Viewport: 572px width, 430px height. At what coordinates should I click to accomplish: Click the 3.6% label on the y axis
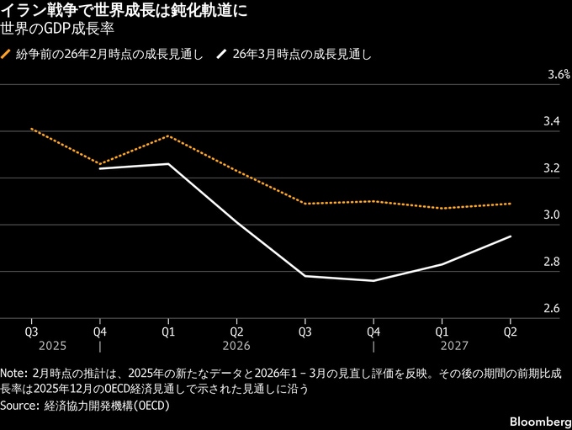point(559,75)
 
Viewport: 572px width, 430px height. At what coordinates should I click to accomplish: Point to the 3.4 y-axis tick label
point(552,122)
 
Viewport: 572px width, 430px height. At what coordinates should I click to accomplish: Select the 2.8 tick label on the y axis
point(552,263)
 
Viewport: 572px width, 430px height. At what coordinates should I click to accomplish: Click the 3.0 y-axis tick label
point(552,215)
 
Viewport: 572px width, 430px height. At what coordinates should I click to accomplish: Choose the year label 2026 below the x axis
point(236,346)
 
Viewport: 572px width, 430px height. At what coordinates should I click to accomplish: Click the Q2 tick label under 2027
point(510,331)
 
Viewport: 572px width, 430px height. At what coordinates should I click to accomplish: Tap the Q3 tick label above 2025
point(31,331)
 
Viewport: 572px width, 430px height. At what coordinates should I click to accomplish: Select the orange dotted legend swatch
point(6,54)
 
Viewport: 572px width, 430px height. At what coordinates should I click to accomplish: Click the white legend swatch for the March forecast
point(221,54)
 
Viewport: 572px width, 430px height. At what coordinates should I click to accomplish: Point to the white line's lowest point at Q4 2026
point(373,280)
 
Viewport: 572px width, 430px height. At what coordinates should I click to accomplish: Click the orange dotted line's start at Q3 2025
point(31,129)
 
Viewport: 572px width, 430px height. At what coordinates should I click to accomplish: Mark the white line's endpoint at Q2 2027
point(510,236)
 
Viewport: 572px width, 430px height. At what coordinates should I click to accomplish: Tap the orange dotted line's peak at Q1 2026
point(168,135)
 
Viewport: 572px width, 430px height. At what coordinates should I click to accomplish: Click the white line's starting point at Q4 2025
point(99,168)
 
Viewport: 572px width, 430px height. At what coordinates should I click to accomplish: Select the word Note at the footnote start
point(14,373)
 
